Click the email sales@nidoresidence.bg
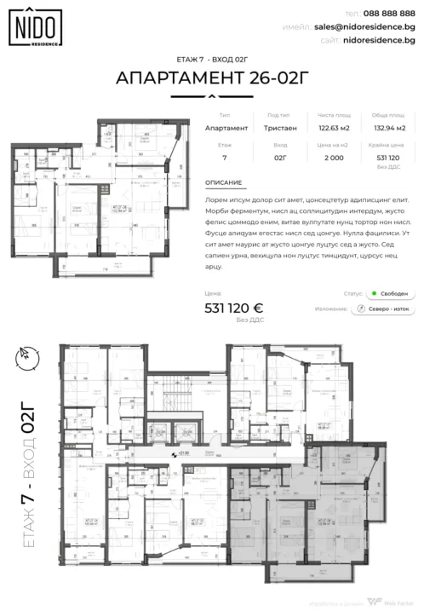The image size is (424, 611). tap(375, 27)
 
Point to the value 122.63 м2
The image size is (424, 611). tap(335, 128)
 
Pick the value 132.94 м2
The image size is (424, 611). tap(388, 128)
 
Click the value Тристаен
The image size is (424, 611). tap(280, 128)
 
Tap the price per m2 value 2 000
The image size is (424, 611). tap(335, 158)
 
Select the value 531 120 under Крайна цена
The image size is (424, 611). tap(388, 158)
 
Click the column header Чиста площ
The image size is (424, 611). tap(335, 115)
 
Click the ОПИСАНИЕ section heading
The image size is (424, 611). tap(224, 182)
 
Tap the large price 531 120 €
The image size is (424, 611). tap(234, 309)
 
